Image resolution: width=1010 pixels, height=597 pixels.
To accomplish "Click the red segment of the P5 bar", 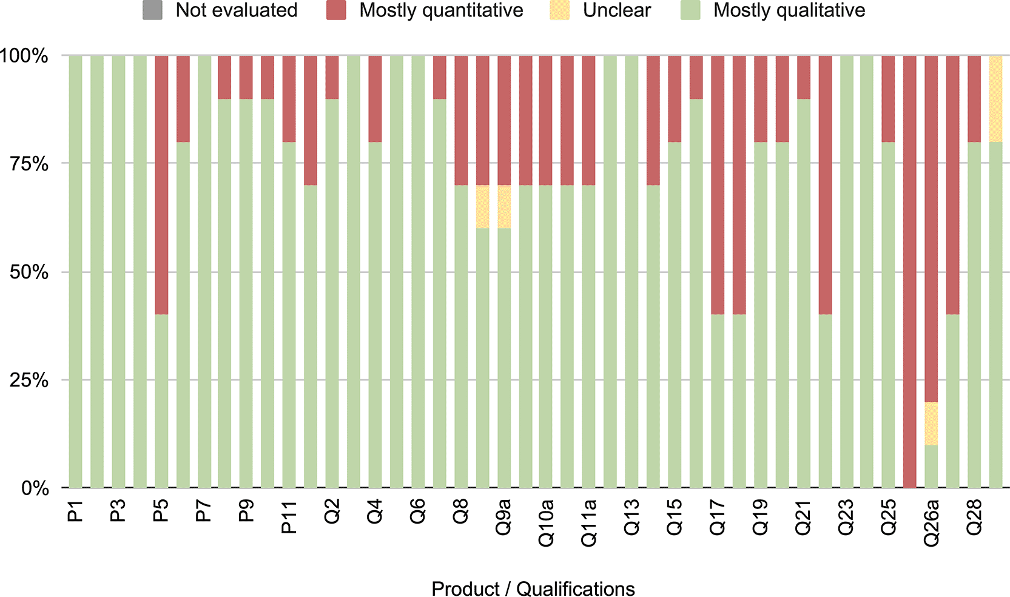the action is (x=161, y=185).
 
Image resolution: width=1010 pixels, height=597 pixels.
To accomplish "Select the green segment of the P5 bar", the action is (x=161, y=401).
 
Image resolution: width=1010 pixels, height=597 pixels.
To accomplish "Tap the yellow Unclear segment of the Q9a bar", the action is (x=504, y=206).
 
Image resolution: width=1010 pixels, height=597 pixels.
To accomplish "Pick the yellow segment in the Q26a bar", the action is (x=931, y=423).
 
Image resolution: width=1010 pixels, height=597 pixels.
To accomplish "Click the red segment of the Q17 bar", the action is (x=718, y=185).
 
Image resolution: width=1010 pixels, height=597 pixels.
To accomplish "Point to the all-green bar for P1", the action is (x=75, y=272).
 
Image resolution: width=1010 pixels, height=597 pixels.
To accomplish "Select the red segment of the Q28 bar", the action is (x=974, y=99).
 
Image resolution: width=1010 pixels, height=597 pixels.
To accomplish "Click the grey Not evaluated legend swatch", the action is (x=152, y=10).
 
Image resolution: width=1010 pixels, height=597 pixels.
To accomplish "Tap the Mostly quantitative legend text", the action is (x=441, y=10).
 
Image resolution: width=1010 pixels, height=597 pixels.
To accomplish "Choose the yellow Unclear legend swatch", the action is (x=559, y=10).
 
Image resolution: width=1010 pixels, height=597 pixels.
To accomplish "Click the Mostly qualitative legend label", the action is (x=789, y=10).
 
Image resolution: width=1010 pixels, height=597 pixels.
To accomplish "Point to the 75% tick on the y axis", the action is (x=29, y=164).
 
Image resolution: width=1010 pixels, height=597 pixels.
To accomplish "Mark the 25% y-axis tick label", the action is (x=29, y=380).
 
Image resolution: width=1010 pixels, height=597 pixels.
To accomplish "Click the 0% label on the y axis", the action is (x=35, y=488).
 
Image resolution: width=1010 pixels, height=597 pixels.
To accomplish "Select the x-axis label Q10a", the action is (x=546, y=522).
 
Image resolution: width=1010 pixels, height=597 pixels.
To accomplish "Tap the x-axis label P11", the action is (x=289, y=517).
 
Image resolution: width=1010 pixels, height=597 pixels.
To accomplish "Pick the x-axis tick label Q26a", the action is (x=932, y=522).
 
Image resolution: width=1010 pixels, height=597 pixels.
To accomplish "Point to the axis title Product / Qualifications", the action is (x=533, y=589).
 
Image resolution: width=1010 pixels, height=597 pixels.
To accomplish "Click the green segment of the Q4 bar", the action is (x=375, y=315).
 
